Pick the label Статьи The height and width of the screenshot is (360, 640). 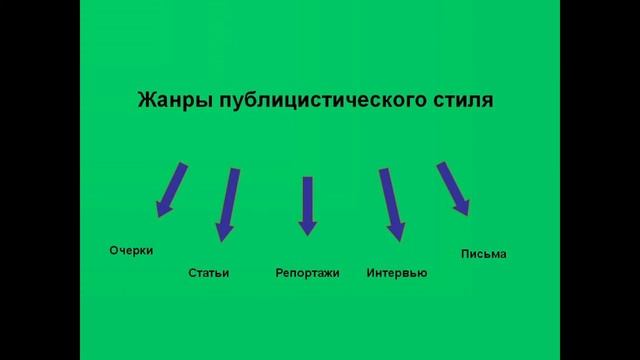[208, 273]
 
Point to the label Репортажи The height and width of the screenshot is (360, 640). [307, 273]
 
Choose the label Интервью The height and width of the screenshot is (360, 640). [397, 273]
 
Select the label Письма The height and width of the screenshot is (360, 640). [484, 254]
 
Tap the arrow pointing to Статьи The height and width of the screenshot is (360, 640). [228, 203]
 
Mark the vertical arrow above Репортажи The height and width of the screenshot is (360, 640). [307, 204]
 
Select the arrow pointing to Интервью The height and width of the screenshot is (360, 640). [391, 203]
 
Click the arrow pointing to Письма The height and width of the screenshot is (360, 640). [453, 188]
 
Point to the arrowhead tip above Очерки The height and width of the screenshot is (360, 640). [158, 216]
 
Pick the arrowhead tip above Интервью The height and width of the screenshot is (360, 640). [398, 241]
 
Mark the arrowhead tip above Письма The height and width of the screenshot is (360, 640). [465, 214]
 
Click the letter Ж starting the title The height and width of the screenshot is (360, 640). [143, 102]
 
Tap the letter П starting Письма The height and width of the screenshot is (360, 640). [465, 254]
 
